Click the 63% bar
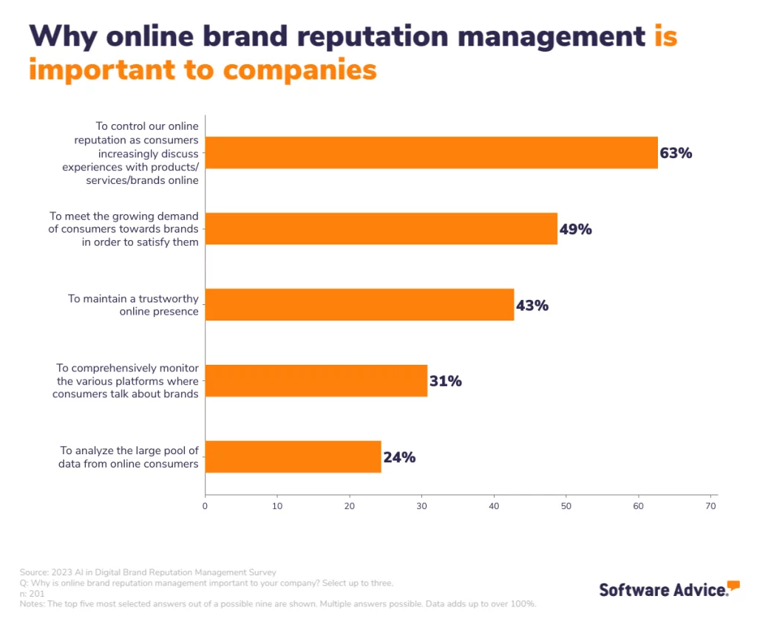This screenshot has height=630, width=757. tap(431, 153)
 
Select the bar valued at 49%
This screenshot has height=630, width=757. tap(381, 229)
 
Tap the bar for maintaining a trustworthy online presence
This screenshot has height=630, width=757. tap(359, 305)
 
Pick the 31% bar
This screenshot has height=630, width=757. tap(316, 381)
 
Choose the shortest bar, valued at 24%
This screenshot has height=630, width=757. tap(293, 457)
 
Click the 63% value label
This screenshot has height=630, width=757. tap(676, 154)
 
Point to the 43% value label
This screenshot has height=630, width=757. tap(532, 305)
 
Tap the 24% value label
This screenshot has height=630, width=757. tap(399, 457)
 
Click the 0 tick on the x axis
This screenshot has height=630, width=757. tap(205, 507)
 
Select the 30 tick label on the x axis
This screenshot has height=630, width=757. tap(421, 507)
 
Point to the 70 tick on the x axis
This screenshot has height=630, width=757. tap(711, 507)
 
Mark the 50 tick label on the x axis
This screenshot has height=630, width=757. tap(566, 507)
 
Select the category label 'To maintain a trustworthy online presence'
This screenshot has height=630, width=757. tap(133, 305)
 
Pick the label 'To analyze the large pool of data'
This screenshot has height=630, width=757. tap(129, 457)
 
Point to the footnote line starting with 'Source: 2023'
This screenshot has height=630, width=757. tap(148, 572)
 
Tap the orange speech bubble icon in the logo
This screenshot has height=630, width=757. tap(733, 586)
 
